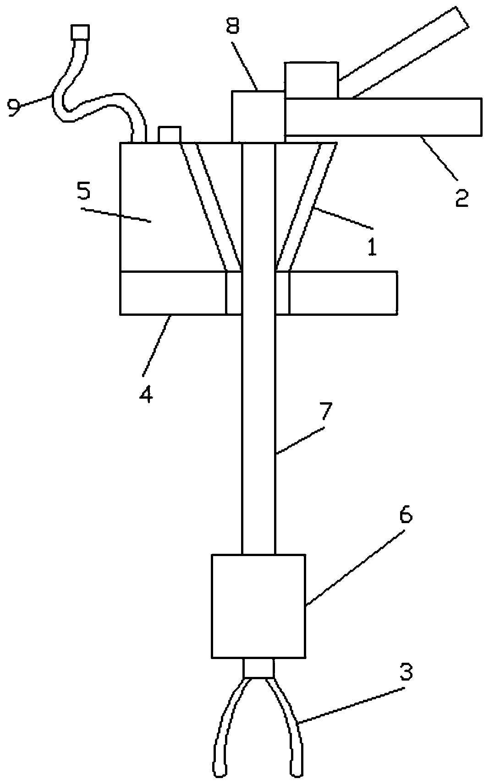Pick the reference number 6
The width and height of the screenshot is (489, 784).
point(406,516)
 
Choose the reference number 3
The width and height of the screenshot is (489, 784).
point(406,672)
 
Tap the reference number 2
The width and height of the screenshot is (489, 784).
point(462,198)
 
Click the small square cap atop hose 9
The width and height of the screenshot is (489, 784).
point(80,33)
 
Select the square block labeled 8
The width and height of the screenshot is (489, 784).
point(258,116)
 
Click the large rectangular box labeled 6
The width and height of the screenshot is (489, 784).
point(258,606)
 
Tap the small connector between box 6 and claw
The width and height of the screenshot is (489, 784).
point(258,668)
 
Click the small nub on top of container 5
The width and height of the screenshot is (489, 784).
point(169,135)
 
